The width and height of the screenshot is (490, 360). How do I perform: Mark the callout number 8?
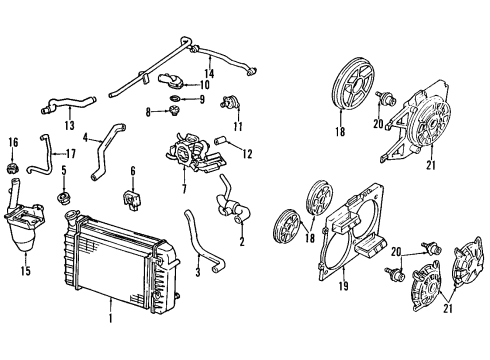147,112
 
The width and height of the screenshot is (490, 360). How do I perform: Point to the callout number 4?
86,136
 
